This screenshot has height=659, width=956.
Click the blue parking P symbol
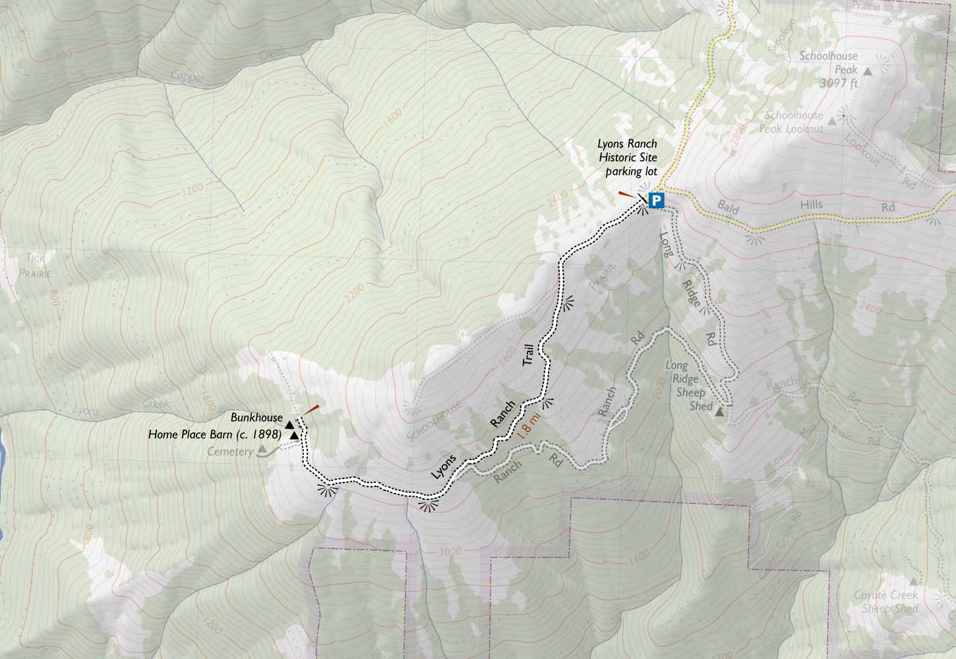pyautogui.click(x=656, y=200)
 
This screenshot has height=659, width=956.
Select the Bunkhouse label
pyautogui.click(x=256, y=418)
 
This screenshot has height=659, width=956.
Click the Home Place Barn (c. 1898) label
pyautogui.click(x=215, y=435)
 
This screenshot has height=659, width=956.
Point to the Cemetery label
pyautogui.click(x=230, y=452)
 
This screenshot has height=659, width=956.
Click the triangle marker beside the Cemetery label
pyautogui.click(x=262, y=449)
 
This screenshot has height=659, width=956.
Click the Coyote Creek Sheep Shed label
pyautogui.click(x=890, y=602)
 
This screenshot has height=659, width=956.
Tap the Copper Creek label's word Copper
pyautogui.click(x=189, y=76)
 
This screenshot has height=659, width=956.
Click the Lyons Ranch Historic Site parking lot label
pyautogui.click(x=627, y=158)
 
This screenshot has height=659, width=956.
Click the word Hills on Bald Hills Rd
pyautogui.click(x=812, y=205)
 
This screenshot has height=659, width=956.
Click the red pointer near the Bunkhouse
pyautogui.click(x=311, y=409)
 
